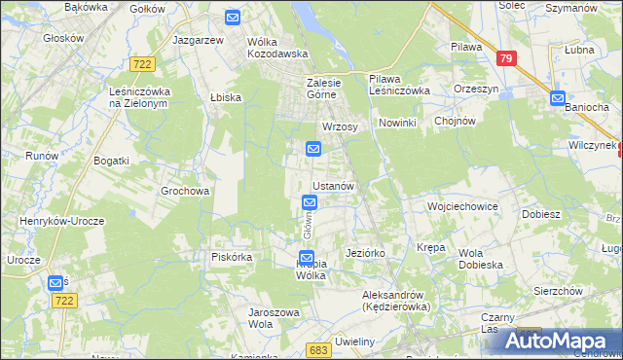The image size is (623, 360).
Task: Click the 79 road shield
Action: tap(504, 59)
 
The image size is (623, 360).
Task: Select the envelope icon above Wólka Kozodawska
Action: tap(233, 18)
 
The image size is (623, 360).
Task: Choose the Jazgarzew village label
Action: tap(199, 41)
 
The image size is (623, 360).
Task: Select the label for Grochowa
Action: tap(185, 192)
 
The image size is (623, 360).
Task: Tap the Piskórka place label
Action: tap(233, 257)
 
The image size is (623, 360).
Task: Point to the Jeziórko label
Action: tap(367, 253)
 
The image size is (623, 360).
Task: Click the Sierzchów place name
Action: tap(558, 290)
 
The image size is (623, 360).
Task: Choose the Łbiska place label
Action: tap(225, 98)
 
